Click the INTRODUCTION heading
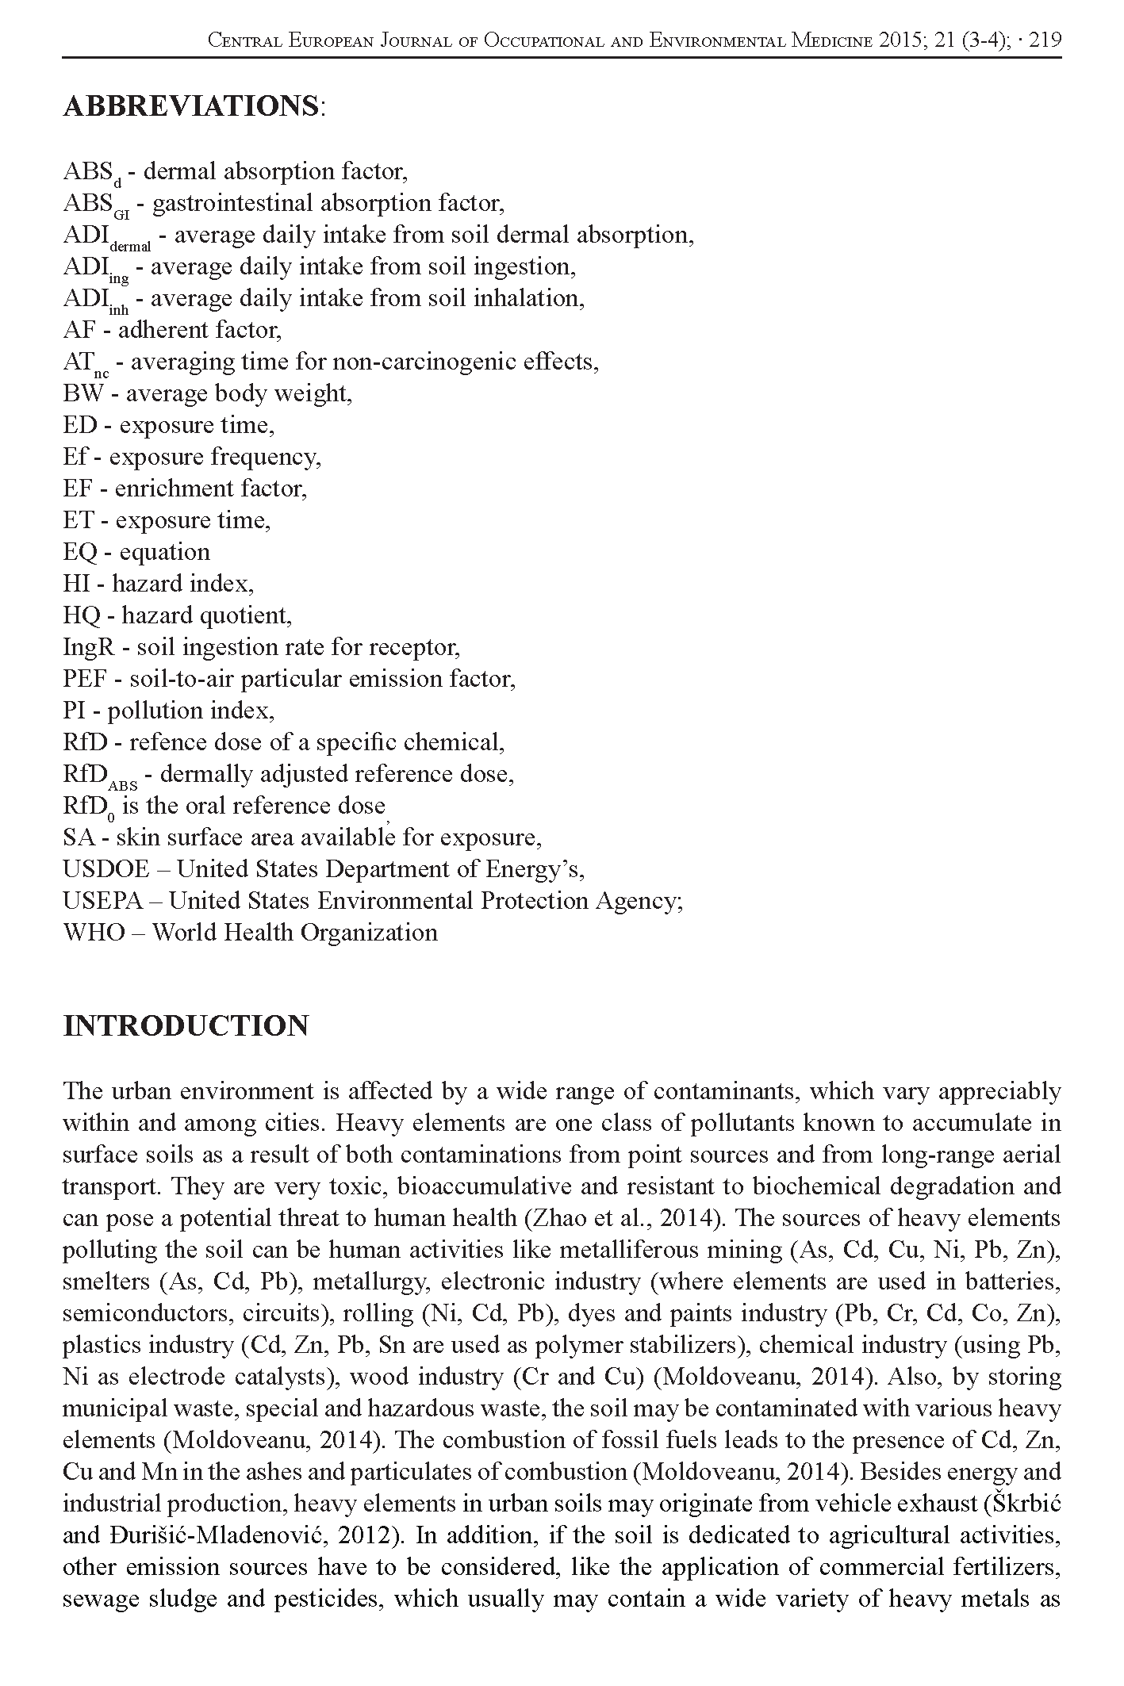point(186,1025)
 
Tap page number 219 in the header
point(1044,40)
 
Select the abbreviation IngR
point(88,648)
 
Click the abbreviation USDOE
point(105,869)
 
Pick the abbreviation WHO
point(94,932)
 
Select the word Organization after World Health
point(377,932)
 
